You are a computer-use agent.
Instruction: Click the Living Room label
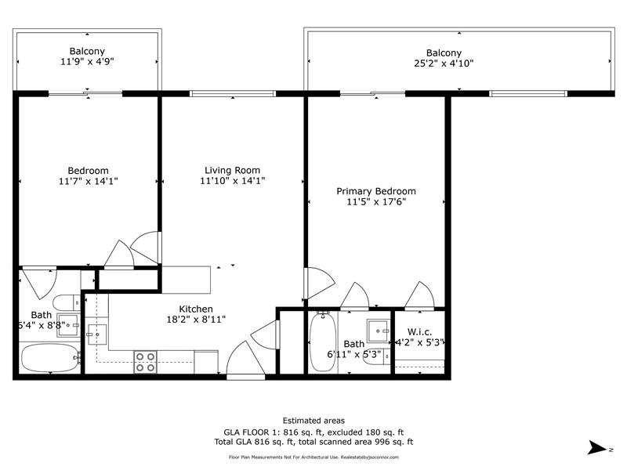click(232, 170)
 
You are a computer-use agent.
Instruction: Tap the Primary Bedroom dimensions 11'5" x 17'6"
click(376, 202)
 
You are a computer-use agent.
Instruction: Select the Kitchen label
click(196, 309)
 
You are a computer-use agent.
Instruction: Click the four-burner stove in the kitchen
click(145, 362)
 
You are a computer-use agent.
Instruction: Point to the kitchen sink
click(96, 334)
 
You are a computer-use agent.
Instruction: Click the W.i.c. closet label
click(419, 331)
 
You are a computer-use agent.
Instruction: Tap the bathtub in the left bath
click(50, 357)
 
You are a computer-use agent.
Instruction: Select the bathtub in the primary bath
click(323, 342)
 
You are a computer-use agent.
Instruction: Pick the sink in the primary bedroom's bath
click(379, 331)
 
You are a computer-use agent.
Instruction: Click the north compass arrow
click(596, 447)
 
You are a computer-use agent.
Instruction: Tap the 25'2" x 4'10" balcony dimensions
click(444, 63)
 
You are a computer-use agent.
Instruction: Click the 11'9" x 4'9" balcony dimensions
click(87, 62)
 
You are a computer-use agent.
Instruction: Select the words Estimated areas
click(313, 421)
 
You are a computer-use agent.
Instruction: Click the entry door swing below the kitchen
click(245, 358)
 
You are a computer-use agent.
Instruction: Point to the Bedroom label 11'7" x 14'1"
click(88, 175)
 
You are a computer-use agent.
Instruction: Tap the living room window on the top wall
click(232, 93)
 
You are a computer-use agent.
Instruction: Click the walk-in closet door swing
click(419, 295)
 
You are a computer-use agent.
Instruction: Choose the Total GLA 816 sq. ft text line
click(313, 442)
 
